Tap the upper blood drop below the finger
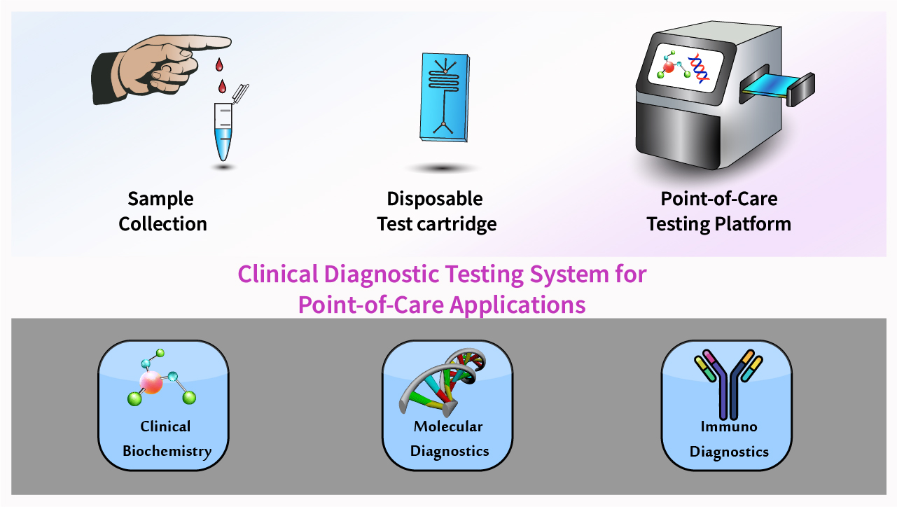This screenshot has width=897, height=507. (x=220, y=66)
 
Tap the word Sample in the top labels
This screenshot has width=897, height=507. (x=160, y=199)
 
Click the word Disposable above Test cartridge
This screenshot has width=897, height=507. (x=435, y=199)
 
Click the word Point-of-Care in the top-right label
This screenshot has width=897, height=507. (x=719, y=199)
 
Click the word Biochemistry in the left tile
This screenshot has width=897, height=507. (x=167, y=450)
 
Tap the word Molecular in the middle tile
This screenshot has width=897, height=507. (x=448, y=426)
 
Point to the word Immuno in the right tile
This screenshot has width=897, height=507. (x=729, y=426)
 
